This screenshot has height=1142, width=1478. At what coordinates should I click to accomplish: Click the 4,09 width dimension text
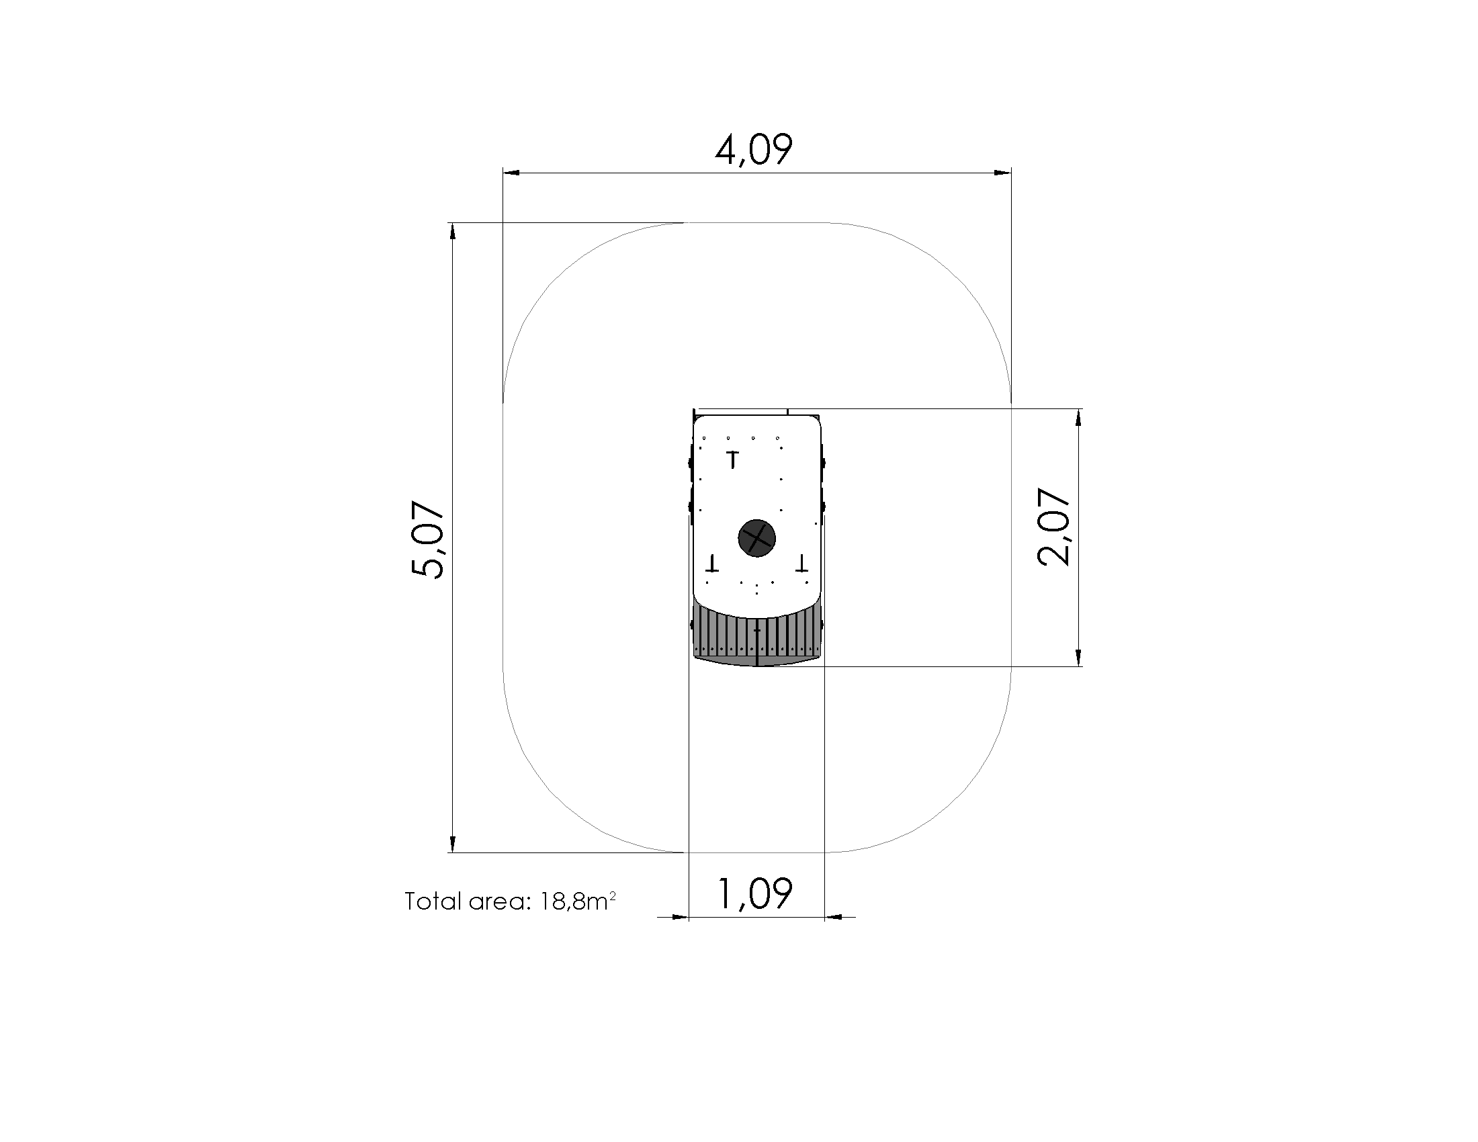[x=753, y=150]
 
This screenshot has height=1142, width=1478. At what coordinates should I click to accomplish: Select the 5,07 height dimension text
[x=428, y=539]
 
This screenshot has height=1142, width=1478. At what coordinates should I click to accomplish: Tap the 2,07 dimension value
[x=1053, y=527]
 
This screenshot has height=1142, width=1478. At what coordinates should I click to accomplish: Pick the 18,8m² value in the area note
[x=578, y=900]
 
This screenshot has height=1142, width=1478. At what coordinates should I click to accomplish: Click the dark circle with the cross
[x=756, y=539]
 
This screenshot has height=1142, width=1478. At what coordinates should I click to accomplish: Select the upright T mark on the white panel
[x=732, y=459]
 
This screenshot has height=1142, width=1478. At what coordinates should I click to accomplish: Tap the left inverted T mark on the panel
[x=711, y=562]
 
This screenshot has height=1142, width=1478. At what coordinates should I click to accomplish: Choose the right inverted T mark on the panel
[x=802, y=562]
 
